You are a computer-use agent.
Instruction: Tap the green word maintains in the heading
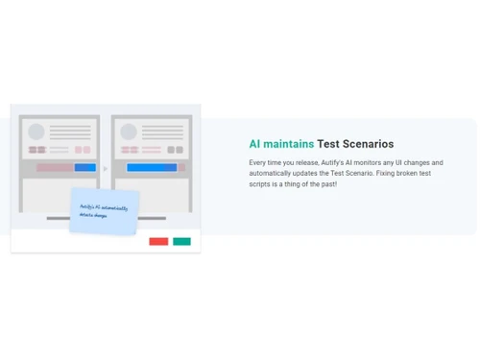(289, 144)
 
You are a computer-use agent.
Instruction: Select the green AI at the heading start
(254, 144)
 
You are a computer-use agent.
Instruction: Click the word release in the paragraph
(305, 163)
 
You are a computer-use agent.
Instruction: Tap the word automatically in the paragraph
(271, 174)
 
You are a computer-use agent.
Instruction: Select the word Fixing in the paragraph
(386, 174)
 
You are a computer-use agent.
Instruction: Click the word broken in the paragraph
(410, 174)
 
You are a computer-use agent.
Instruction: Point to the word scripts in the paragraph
(259, 184)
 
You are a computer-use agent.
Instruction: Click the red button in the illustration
(158, 241)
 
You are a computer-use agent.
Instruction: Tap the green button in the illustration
(181, 241)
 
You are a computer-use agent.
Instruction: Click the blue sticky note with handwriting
(104, 210)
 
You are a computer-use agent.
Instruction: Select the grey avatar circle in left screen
(36, 132)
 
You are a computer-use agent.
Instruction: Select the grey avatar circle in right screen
(129, 132)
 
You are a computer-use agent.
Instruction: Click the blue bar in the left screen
(84, 167)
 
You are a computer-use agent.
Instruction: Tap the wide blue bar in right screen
(152, 167)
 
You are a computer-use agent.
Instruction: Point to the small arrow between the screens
(106, 168)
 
